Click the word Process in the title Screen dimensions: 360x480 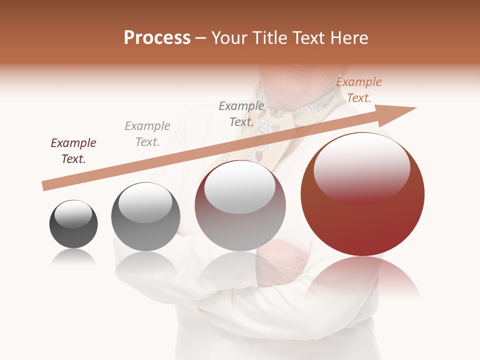point(157,38)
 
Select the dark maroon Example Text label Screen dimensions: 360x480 point(73,151)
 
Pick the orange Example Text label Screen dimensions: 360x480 point(359,90)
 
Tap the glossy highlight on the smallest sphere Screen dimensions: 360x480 point(73,214)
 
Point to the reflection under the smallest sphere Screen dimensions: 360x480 point(73,257)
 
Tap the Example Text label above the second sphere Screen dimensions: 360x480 point(147,134)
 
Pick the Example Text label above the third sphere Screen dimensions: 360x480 point(241,114)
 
